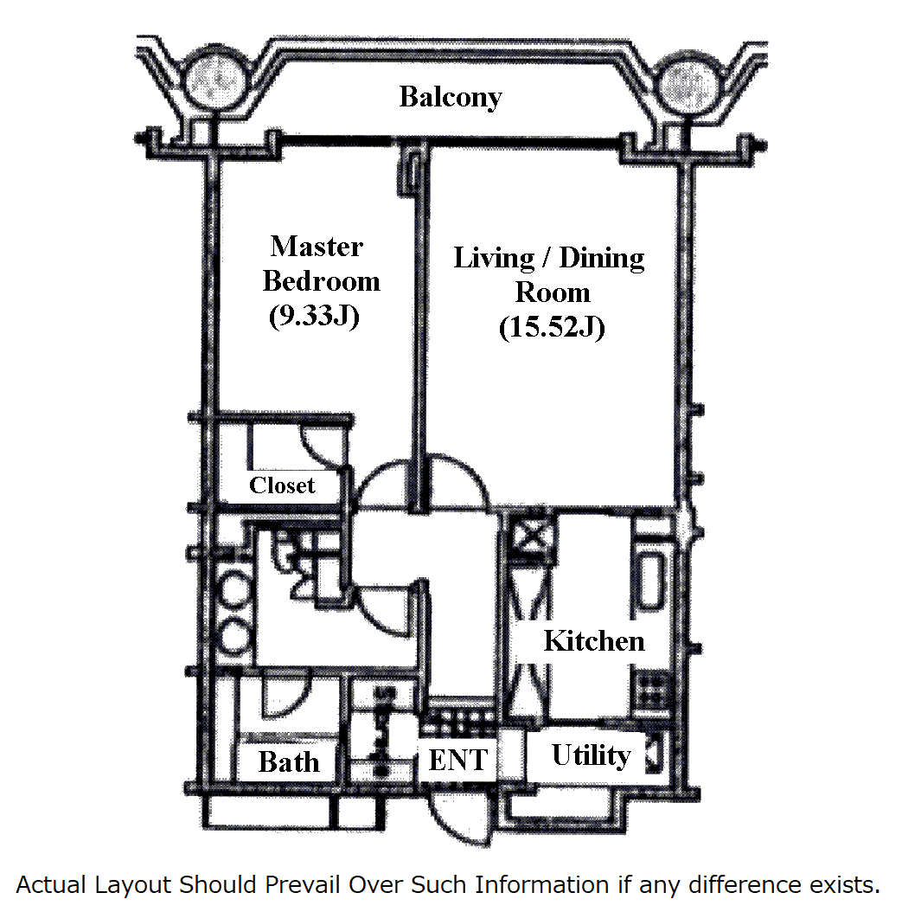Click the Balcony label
pyautogui.click(x=450, y=97)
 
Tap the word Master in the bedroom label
pyautogui.click(x=317, y=247)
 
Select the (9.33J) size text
pyautogui.click(x=313, y=317)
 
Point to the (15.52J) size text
pyautogui.click(x=550, y=328)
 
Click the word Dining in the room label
pyautogui.click(x=602, y=258)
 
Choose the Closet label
pyautogui.click(x=282, y=485)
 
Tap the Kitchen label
pyautogui.click(x=594, y=641)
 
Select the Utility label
pyautogui.click(x=592, y=755)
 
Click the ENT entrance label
pyautogui.click(x=458, y=761)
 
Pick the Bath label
pyautogui.click(x=289, y=762)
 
